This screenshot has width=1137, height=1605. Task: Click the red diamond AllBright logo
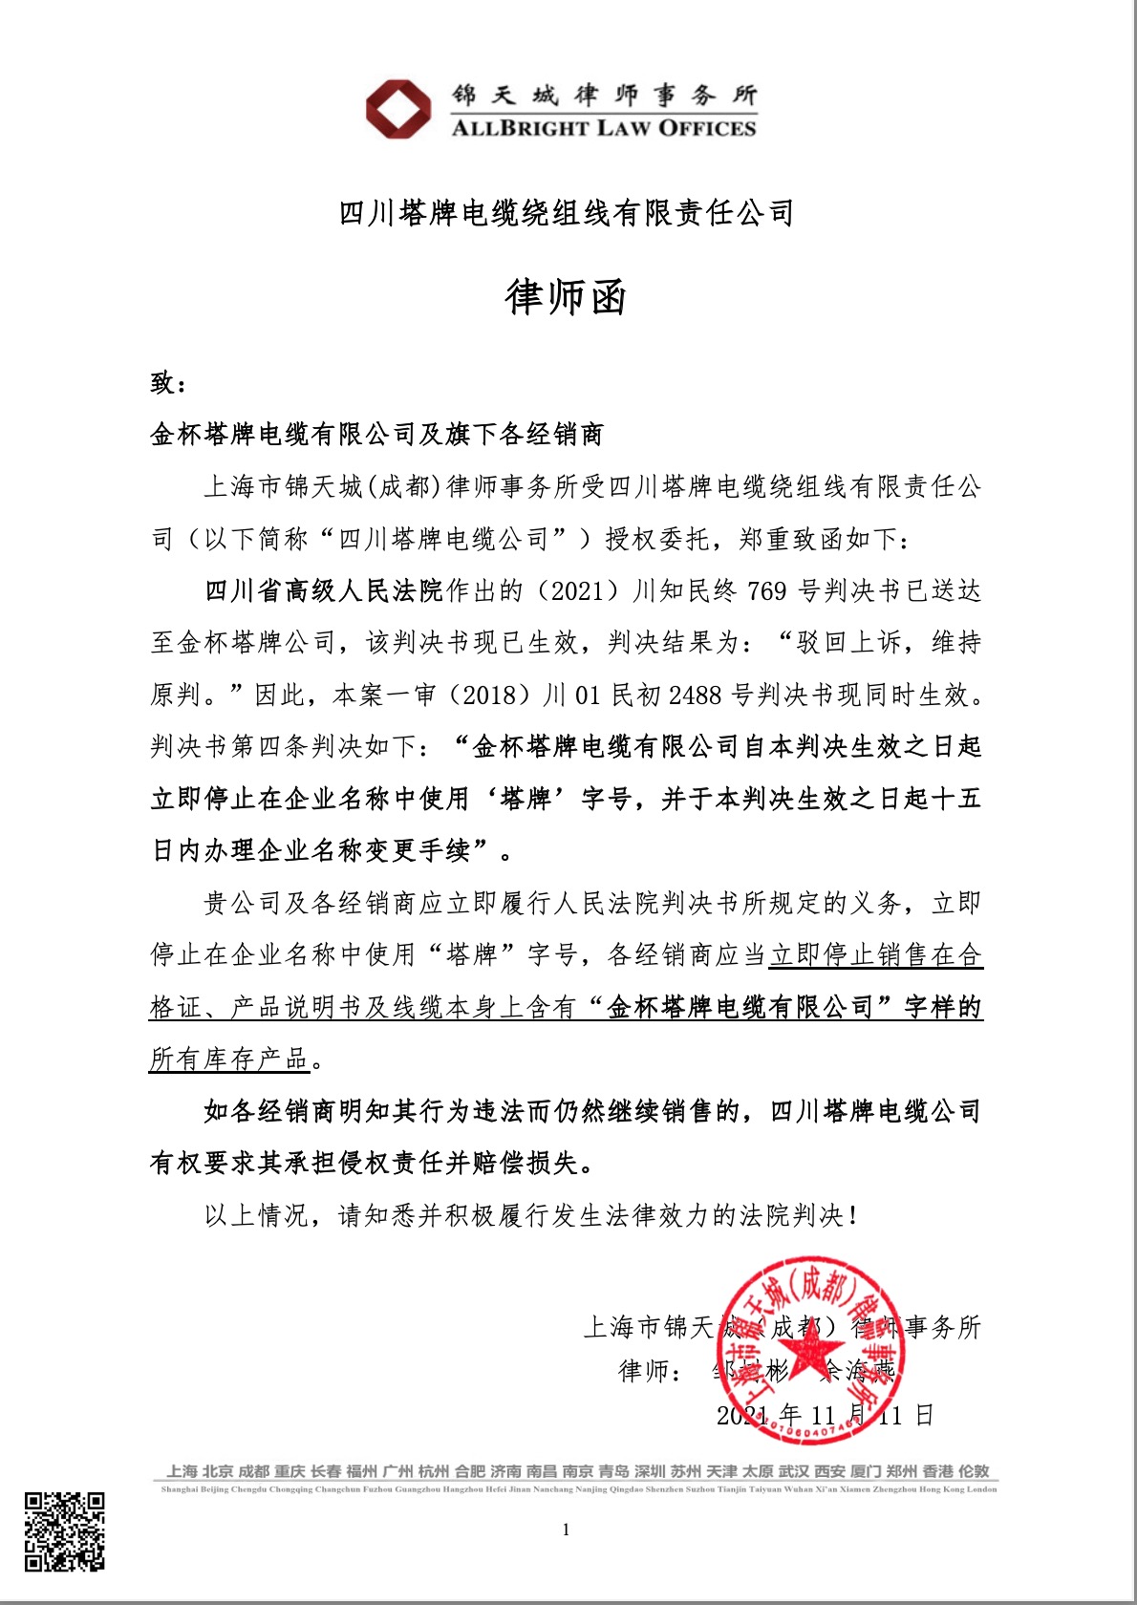click(x=398, y=109)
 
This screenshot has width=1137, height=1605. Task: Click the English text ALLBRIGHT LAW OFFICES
click(x=603, y=128)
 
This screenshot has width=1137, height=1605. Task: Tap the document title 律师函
click(x=566, y=297)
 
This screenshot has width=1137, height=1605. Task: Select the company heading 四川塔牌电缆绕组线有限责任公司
click(x=567, y=213)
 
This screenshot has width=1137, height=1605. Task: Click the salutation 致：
click(x=168, y=383)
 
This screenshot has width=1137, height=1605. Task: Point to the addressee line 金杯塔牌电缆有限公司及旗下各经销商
click(x=376, y=435)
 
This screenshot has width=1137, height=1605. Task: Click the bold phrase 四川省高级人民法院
click(x=324, y=591)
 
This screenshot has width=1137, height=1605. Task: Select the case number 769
click(x=766, y=591)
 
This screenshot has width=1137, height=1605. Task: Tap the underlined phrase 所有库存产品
click(x=229, y=1059)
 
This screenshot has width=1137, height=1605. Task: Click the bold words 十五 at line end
click(x=956, y=800)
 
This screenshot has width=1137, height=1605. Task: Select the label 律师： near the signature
click(x=651, y=1371)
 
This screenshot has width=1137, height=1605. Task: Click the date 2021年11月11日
click(x=825, y=1415)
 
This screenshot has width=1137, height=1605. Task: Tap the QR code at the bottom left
click(x=65, y=1531)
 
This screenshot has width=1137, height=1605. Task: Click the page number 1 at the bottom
click(x=566, y=1530)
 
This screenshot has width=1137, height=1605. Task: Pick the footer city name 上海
click(x=182, y=1471)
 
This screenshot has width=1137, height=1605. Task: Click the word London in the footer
click(x=982, y=1488)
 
